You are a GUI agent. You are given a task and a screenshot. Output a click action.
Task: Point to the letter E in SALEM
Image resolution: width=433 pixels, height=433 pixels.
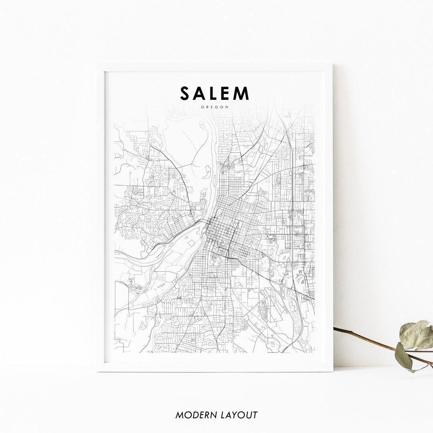[226, 93]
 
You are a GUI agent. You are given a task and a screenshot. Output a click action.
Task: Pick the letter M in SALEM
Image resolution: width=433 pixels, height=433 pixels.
[242, 93]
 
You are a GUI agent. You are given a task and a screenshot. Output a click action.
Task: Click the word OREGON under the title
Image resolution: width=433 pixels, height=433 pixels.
[215, 107]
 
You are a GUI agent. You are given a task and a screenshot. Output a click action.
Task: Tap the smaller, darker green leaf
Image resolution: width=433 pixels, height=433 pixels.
[403, 356]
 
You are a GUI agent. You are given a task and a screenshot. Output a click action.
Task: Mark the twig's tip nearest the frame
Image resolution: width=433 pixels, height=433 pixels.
[335, 328]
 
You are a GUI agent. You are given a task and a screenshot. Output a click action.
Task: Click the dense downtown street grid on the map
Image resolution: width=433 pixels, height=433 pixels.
[219, 233]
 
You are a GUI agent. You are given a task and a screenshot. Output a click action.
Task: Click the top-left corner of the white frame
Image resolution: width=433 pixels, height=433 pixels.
[97, 64]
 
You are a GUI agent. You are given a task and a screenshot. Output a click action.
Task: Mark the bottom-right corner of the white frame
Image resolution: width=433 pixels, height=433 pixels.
[332, 371]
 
